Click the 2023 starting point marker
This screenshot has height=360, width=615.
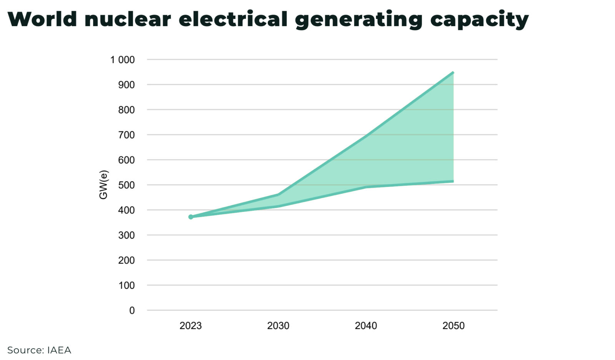click(191, 217)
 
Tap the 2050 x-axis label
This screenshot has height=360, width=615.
click(453, 326)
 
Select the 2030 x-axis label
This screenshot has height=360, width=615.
click(278, 326)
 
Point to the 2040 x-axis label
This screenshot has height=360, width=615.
click(366, 326)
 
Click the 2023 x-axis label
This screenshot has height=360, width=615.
click(191, 326)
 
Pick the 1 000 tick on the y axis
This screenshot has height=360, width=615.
click(122, 60)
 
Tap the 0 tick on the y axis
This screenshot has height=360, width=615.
click(132, 310)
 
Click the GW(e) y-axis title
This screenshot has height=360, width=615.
click(103, 185)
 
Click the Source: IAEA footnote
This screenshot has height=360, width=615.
click(39, 350)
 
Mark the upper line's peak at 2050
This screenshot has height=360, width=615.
click(453, 72)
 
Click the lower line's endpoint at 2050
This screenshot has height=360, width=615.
click(453, 181)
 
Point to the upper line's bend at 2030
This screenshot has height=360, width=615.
click(278, 195)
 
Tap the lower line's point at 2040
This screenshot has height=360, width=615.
click(366, 187)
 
